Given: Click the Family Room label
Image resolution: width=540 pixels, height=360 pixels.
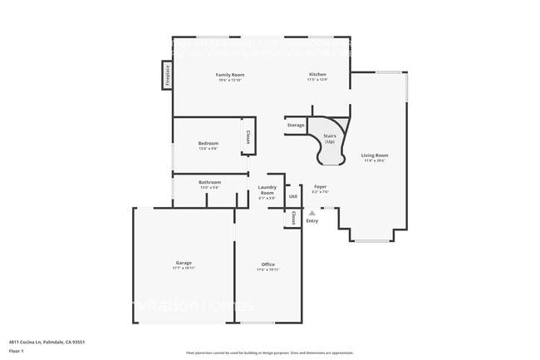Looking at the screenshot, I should (x=229, y=75).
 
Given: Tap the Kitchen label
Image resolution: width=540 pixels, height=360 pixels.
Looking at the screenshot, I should (x=317, y=75).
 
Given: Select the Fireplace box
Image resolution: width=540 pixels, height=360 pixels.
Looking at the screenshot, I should (x=167, y=76).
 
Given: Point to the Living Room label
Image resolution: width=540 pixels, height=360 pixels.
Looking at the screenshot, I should (x=374, y=155).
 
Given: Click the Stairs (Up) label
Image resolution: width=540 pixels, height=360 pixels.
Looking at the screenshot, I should (x=330, y=138).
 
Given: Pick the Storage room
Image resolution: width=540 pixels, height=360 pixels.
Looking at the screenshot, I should (x=296, y=125).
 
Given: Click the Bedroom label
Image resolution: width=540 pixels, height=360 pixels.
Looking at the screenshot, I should (x=208, y=144).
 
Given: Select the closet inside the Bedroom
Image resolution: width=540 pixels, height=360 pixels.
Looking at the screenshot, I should (x=247, y=136).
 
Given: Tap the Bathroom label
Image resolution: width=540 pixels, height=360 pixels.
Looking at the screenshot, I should (x=209, y=182).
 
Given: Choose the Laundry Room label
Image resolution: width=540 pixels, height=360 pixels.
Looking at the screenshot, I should (x=267, y=190).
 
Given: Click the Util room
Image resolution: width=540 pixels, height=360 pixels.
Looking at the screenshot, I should (x=292, y=196).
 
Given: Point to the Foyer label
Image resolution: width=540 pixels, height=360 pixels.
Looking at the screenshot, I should (x=320, y=187).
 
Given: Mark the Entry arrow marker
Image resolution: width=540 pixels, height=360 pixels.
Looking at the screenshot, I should (x=312, y=213).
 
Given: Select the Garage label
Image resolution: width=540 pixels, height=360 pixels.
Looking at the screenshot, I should (x=184, y=263).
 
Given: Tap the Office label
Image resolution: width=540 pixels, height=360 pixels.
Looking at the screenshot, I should (x=268, y=264).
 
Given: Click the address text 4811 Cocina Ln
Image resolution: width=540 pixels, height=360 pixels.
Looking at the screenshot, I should (x=47, y=342).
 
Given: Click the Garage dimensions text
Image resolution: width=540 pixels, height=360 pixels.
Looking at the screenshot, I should (x=184, y=269).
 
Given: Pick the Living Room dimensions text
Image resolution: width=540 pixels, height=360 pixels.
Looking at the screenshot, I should (x=374, y=161).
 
